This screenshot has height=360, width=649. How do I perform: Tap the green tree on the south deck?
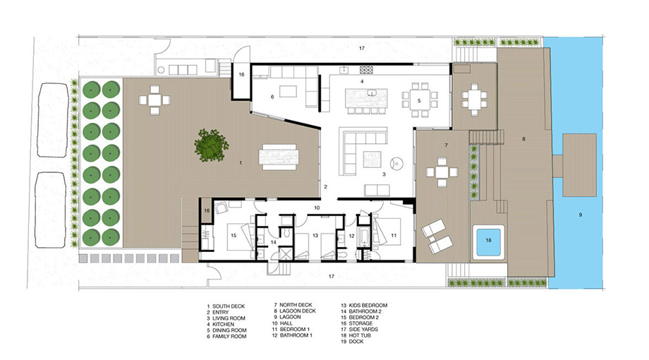click(x=212, y=145)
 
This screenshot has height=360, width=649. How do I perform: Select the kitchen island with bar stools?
click(x=366, y=100)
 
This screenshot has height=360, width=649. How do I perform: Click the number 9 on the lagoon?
click(x=581, y=215)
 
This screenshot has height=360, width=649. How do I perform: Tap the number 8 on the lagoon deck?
click(x=523, y=139)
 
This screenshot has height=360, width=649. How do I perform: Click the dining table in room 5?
click(x=420, y=100)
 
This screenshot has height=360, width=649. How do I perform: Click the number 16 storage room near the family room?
click(x=241, y=75)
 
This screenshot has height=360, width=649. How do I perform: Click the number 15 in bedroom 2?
click(x=233, y=235)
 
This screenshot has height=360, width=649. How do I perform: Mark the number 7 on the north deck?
click(x=446, y=145)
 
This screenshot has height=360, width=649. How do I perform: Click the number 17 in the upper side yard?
click(x=362, y=49)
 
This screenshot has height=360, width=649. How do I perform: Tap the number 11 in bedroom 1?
click(x=394, y=235)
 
